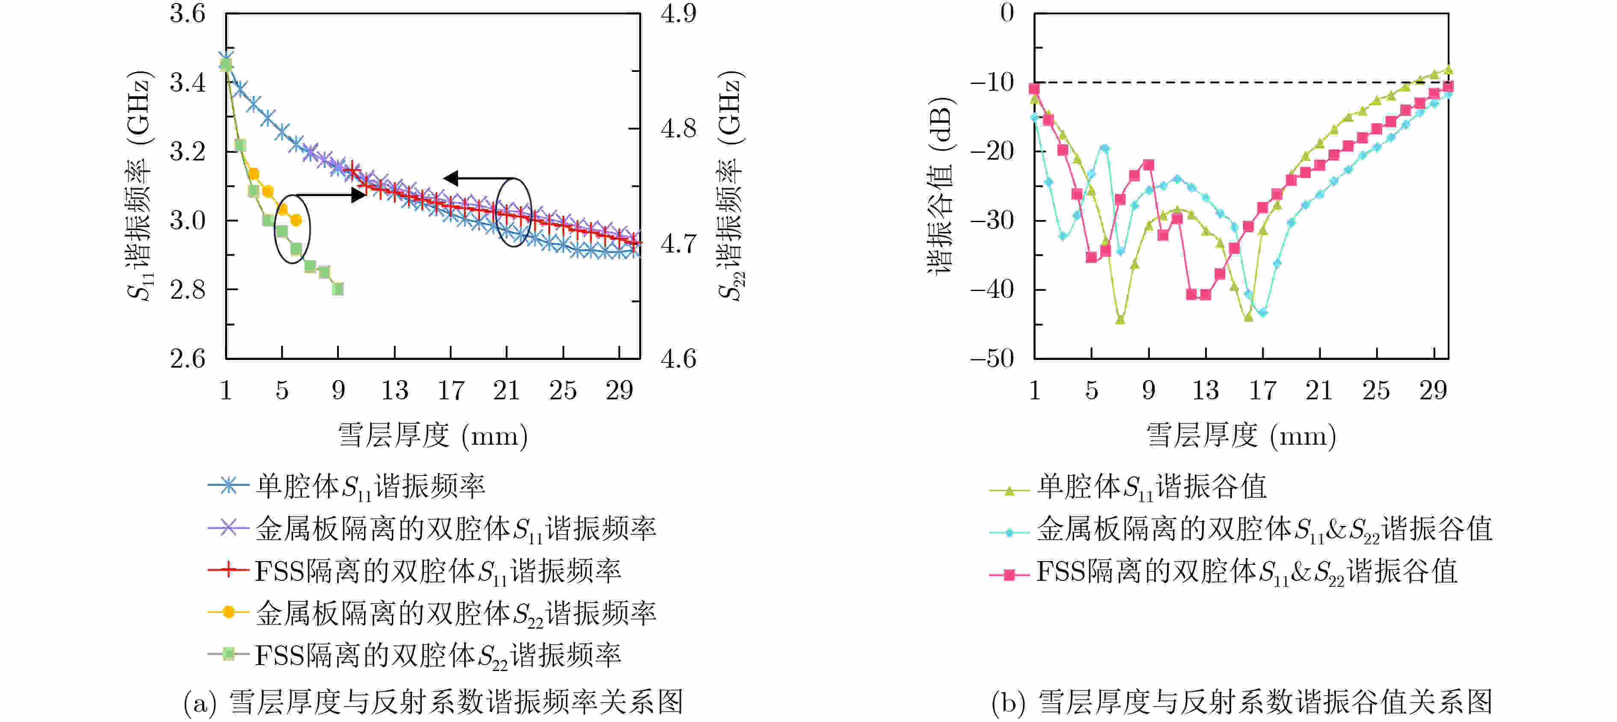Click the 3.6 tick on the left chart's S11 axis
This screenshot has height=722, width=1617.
pyautogui.click(x=187, y=14)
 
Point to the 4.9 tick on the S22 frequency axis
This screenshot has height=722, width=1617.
pyautogui.click(x=678, y=14)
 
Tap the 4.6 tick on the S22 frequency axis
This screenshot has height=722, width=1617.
pyautogui.click(x=678, y=359)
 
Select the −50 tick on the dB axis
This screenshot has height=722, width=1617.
pyautogui.click(x=992, y=359)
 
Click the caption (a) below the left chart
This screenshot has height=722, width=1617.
pyautogui.click(x=433, y=702)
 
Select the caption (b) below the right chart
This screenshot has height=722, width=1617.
pyautogui.click(x=1241, y=702)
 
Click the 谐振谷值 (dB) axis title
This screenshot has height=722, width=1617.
pyautogui.click(x=940, y=185)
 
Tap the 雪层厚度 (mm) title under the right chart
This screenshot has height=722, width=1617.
pyautogui.click(x=1241, y=436)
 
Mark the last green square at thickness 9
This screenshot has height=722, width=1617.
pyautogui.click(x=338, y=289)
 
